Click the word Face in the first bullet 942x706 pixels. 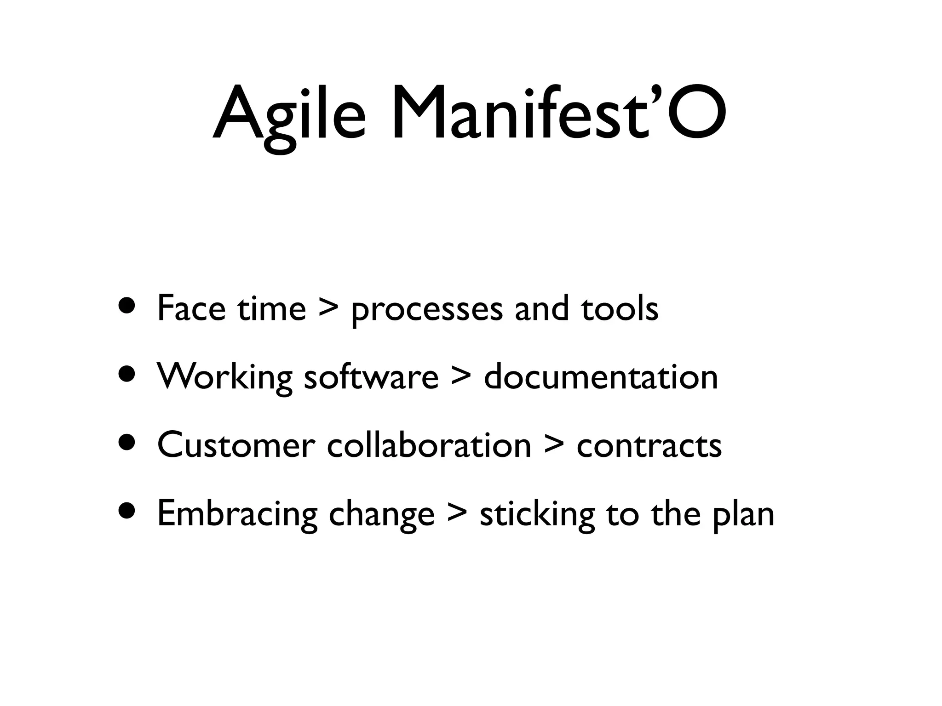[x=191, y=308]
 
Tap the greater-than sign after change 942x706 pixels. [x=457, y=514]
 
